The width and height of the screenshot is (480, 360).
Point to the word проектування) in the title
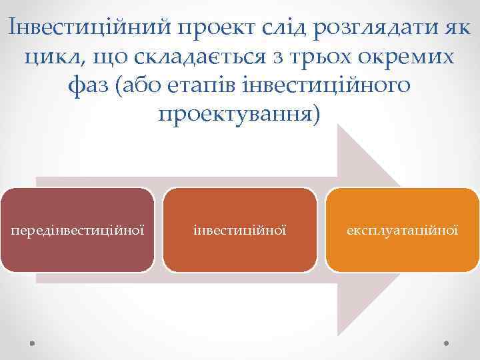click(x=239, y=115)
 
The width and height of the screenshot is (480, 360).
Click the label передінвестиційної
click(x=77, y=231)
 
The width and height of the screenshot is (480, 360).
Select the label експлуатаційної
click(x=402, y=231)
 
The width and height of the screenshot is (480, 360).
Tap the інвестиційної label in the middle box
click(x=239, y=231)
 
